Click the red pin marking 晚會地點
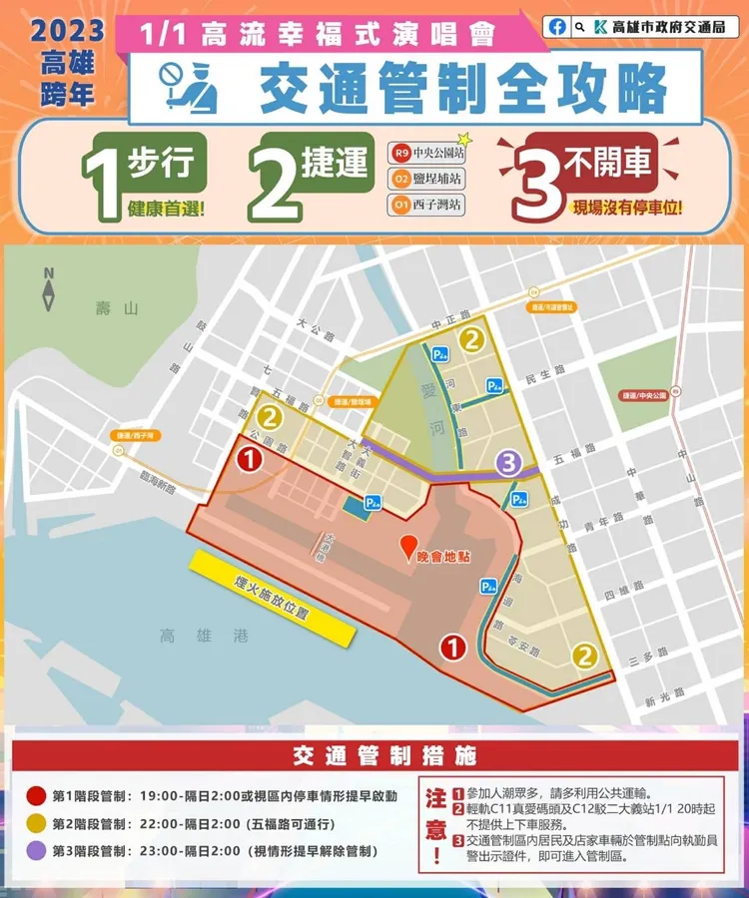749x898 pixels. tap(407, 547)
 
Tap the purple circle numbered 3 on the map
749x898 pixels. tap(508, 463)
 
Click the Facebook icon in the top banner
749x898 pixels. tap(556, 26)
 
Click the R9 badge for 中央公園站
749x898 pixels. tap(401, 154)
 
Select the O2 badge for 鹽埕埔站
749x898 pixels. tap(401, 180)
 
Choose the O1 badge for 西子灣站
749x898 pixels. tap(401, 206)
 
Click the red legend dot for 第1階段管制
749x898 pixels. tap(37, 796)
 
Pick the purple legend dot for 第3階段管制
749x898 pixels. tap(37, 851)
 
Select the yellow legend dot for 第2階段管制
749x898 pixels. tap(37, 824)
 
